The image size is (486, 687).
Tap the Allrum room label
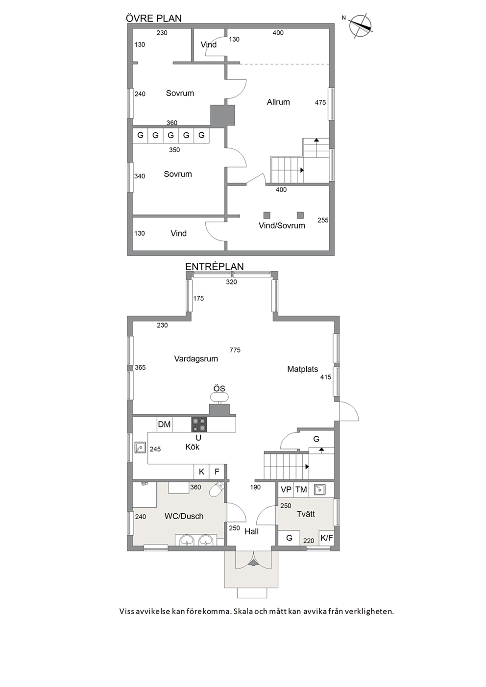278,102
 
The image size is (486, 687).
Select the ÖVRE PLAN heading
154,18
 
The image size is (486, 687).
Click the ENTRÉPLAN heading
214,266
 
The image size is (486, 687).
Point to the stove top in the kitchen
199,424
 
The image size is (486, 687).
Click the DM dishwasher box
165,424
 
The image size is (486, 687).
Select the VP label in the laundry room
286,490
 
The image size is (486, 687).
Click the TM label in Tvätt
301,490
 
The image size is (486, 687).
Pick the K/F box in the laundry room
326,538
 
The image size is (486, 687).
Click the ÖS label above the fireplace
219,389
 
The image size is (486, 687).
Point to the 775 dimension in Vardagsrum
235,350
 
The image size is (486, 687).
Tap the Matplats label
302,369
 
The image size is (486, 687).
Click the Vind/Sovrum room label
282,225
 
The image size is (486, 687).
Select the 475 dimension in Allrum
320,102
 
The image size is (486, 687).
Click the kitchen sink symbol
140,447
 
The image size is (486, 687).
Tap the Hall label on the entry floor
252,531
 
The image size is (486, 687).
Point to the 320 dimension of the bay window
231,282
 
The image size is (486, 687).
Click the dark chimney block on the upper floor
222,116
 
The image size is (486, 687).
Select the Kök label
193,447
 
